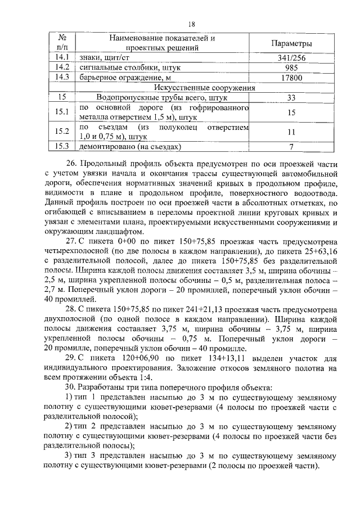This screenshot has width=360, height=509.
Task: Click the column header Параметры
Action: tap(291, 44)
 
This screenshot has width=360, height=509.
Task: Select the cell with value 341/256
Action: tap(291, 57)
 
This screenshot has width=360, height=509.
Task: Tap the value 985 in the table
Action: tap(291, 67)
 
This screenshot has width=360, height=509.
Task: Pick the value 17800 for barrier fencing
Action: tap(291, 78)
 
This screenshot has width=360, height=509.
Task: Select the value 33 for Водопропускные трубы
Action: tap(291, 97)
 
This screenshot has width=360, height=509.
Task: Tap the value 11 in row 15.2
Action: tap(291, 132)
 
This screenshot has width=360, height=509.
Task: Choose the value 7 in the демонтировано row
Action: tap(291, 147)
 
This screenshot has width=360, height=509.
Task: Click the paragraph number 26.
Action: tap(70, 163)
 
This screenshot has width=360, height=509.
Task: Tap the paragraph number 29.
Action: tap(70, 358)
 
